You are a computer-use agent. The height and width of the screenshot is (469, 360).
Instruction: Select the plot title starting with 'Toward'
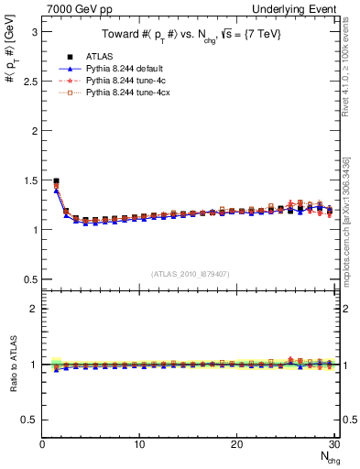pos(191,34)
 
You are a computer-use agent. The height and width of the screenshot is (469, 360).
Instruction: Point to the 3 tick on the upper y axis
pos(35,31)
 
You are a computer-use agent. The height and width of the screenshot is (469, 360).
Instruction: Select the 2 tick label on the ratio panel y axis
pos(35,309)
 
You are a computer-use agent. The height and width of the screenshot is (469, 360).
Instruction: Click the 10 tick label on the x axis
pos(139,444)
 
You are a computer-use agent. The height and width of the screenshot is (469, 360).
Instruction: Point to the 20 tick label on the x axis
pos(236,444)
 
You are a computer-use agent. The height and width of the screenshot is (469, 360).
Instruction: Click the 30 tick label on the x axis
pos(333,444)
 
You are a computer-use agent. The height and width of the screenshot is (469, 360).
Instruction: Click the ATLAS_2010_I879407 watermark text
pos(190,273)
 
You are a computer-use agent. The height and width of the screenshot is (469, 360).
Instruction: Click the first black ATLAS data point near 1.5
pos(57,181)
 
